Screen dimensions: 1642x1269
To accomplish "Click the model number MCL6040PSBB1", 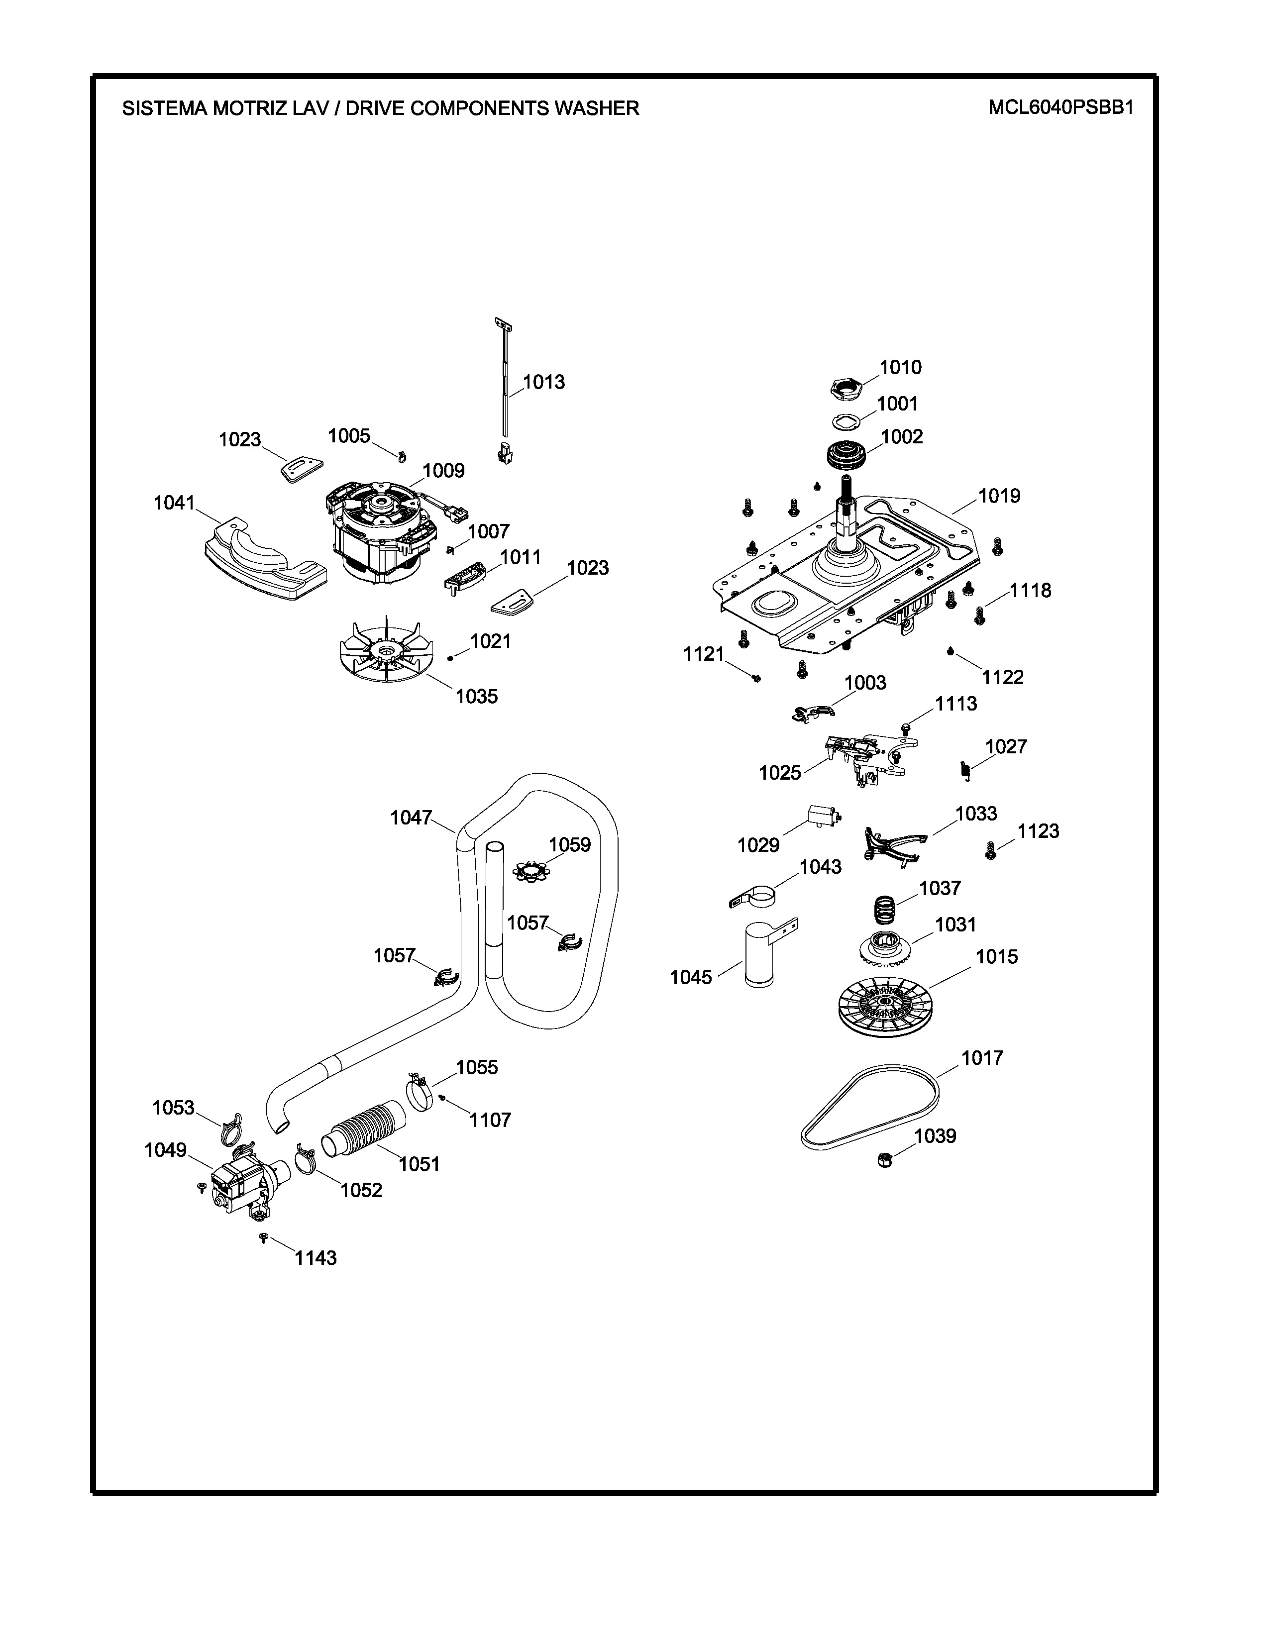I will pos(1060,107).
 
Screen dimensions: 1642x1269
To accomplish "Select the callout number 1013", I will pos(543,382).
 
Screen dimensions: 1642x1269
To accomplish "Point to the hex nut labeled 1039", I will pos(885,1159).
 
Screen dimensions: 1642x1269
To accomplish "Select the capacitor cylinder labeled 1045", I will pos(758,955).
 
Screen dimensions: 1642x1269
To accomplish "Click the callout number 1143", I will pos(315,1258).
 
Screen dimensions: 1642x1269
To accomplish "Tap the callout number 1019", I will pos(999,496).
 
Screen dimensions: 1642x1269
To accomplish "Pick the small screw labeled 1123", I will pos(991,851).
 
